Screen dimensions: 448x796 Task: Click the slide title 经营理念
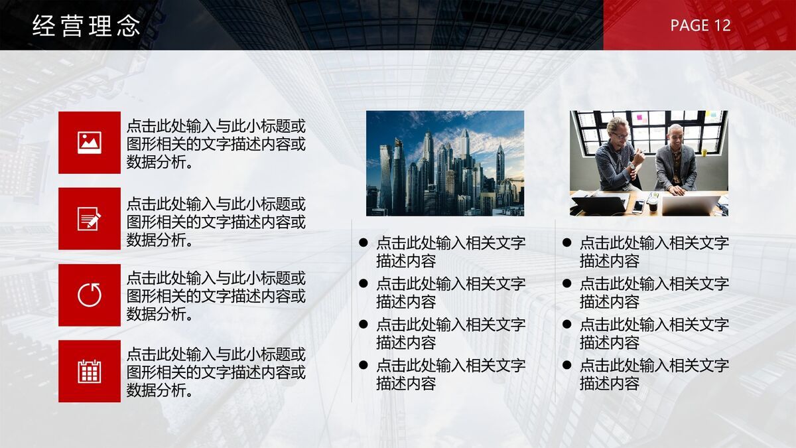coord(86,26)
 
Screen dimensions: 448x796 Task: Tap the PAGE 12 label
coord(700,25)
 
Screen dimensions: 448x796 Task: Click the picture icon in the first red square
coord(90,143)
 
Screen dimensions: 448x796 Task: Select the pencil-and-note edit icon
coord(90,218)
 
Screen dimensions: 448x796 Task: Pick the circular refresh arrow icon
coord(90,295)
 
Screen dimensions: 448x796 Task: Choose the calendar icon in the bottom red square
coord(90,371)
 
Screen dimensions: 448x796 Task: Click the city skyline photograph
coord(445,163)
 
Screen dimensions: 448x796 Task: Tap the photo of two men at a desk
coord(649,163)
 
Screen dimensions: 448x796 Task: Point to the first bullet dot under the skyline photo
coord(363,243)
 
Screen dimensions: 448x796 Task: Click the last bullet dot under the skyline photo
coord(363,365)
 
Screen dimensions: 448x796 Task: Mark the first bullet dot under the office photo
coord(566,243)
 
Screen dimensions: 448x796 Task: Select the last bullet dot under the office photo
coord(566,365)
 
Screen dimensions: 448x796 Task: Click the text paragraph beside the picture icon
coord(216,143)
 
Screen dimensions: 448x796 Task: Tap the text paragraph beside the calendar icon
coord(216,372)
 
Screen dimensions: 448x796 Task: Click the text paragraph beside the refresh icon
coord(216,296)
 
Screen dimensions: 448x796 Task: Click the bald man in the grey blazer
coord(675,158)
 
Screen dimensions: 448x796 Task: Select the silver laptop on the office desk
coord(690,204)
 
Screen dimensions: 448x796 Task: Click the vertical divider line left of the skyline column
coord(352,312)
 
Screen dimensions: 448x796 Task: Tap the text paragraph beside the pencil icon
coord(216,222)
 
